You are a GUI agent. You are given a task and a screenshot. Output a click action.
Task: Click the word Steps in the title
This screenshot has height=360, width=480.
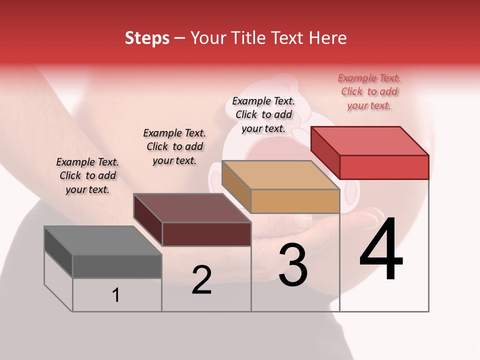(147, 38)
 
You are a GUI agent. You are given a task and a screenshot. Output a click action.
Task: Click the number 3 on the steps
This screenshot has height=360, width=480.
(293, 265)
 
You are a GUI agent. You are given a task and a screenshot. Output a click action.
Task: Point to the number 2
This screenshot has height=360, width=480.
(201, 280)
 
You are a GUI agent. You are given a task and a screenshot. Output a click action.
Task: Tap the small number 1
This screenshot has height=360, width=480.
(116, 295)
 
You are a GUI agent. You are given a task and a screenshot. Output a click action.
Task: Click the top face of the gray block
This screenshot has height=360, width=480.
(102, 240)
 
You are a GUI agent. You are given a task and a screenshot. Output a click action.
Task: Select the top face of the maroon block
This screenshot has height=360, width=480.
(192, 208)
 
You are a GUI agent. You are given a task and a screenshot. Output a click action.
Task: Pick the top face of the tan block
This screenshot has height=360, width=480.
(280, 175)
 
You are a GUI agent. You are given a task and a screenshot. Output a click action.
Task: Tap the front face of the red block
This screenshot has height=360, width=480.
(384, 167)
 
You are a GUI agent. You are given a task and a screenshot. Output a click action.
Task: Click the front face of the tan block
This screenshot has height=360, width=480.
(295, 201)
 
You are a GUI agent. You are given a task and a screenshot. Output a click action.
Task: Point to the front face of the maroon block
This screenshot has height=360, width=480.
(206, 234)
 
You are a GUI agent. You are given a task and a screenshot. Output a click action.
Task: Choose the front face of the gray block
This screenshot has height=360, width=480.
(117, 266)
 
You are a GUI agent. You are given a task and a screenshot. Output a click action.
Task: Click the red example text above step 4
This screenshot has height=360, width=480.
(369, 92)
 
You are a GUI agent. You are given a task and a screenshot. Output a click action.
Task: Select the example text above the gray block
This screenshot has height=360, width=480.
(87, 175)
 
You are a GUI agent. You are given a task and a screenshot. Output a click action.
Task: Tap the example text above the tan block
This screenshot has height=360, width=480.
(263, 114)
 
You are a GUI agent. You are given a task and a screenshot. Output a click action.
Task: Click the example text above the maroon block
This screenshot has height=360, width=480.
(174, 146)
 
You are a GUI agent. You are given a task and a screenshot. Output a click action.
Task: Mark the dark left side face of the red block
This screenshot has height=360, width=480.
(325, 153)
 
